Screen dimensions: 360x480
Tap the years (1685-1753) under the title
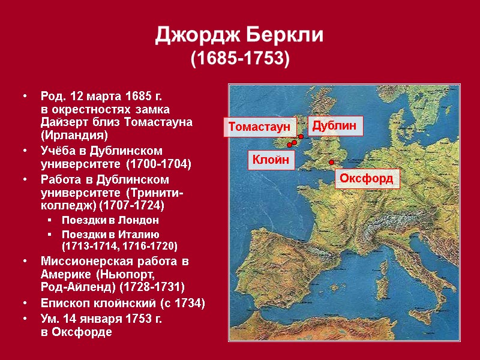coord(240,59)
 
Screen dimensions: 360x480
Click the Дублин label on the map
coord(336,125)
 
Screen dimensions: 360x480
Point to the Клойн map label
coord(271,160)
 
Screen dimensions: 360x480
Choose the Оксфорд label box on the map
coord(366,179)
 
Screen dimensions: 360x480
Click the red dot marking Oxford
coord(331,162)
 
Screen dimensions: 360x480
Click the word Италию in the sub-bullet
coord(138,233)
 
